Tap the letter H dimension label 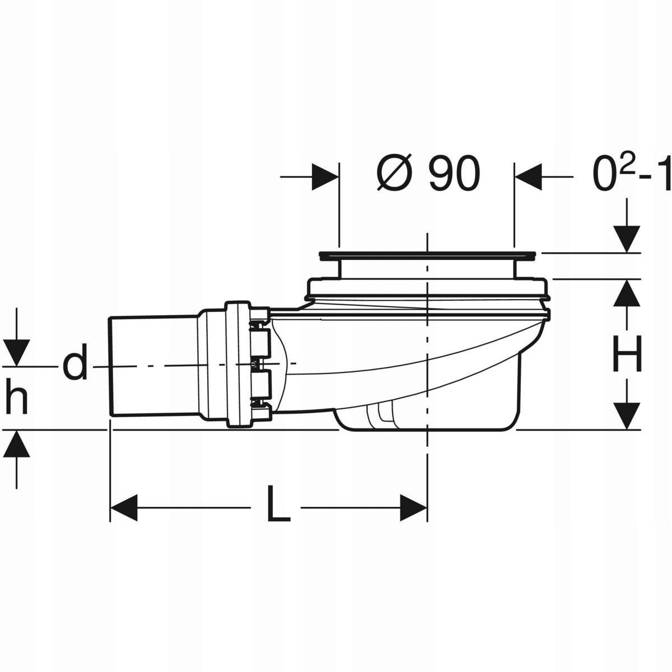click(x=627, y=352)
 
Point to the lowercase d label click(x=74, y=365)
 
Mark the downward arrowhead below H click(x=627, y=416)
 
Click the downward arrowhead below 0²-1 click(x=627, y=238)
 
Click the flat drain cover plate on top click(x=428, y=256)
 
